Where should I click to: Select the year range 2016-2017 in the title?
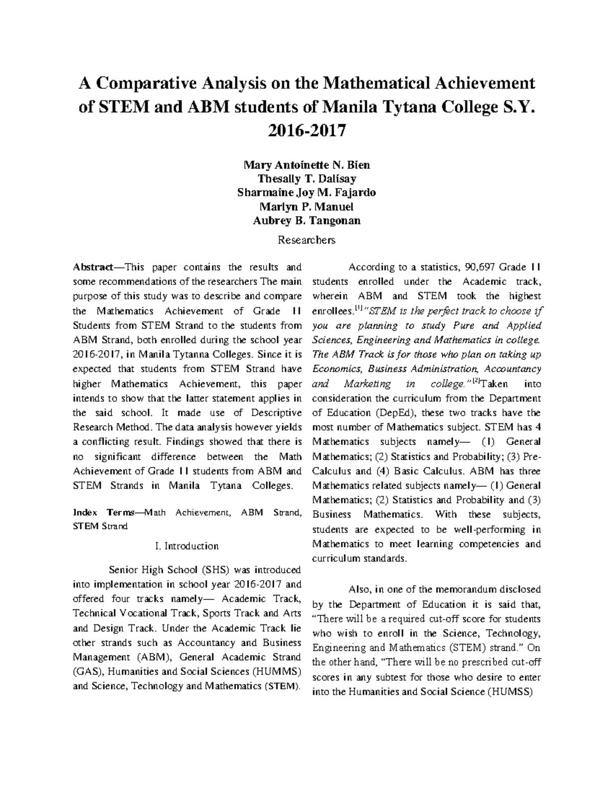(x=306, y=131)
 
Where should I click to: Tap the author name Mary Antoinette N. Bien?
(x=306, y=165)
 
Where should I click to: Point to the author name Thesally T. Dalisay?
(x=306, y=179)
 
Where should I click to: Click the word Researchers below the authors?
(x=306, y=239)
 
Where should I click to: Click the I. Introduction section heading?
(x=186, y=546)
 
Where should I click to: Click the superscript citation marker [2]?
(x=476, y=381)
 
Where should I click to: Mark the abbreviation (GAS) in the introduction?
(x=87, y=671)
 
